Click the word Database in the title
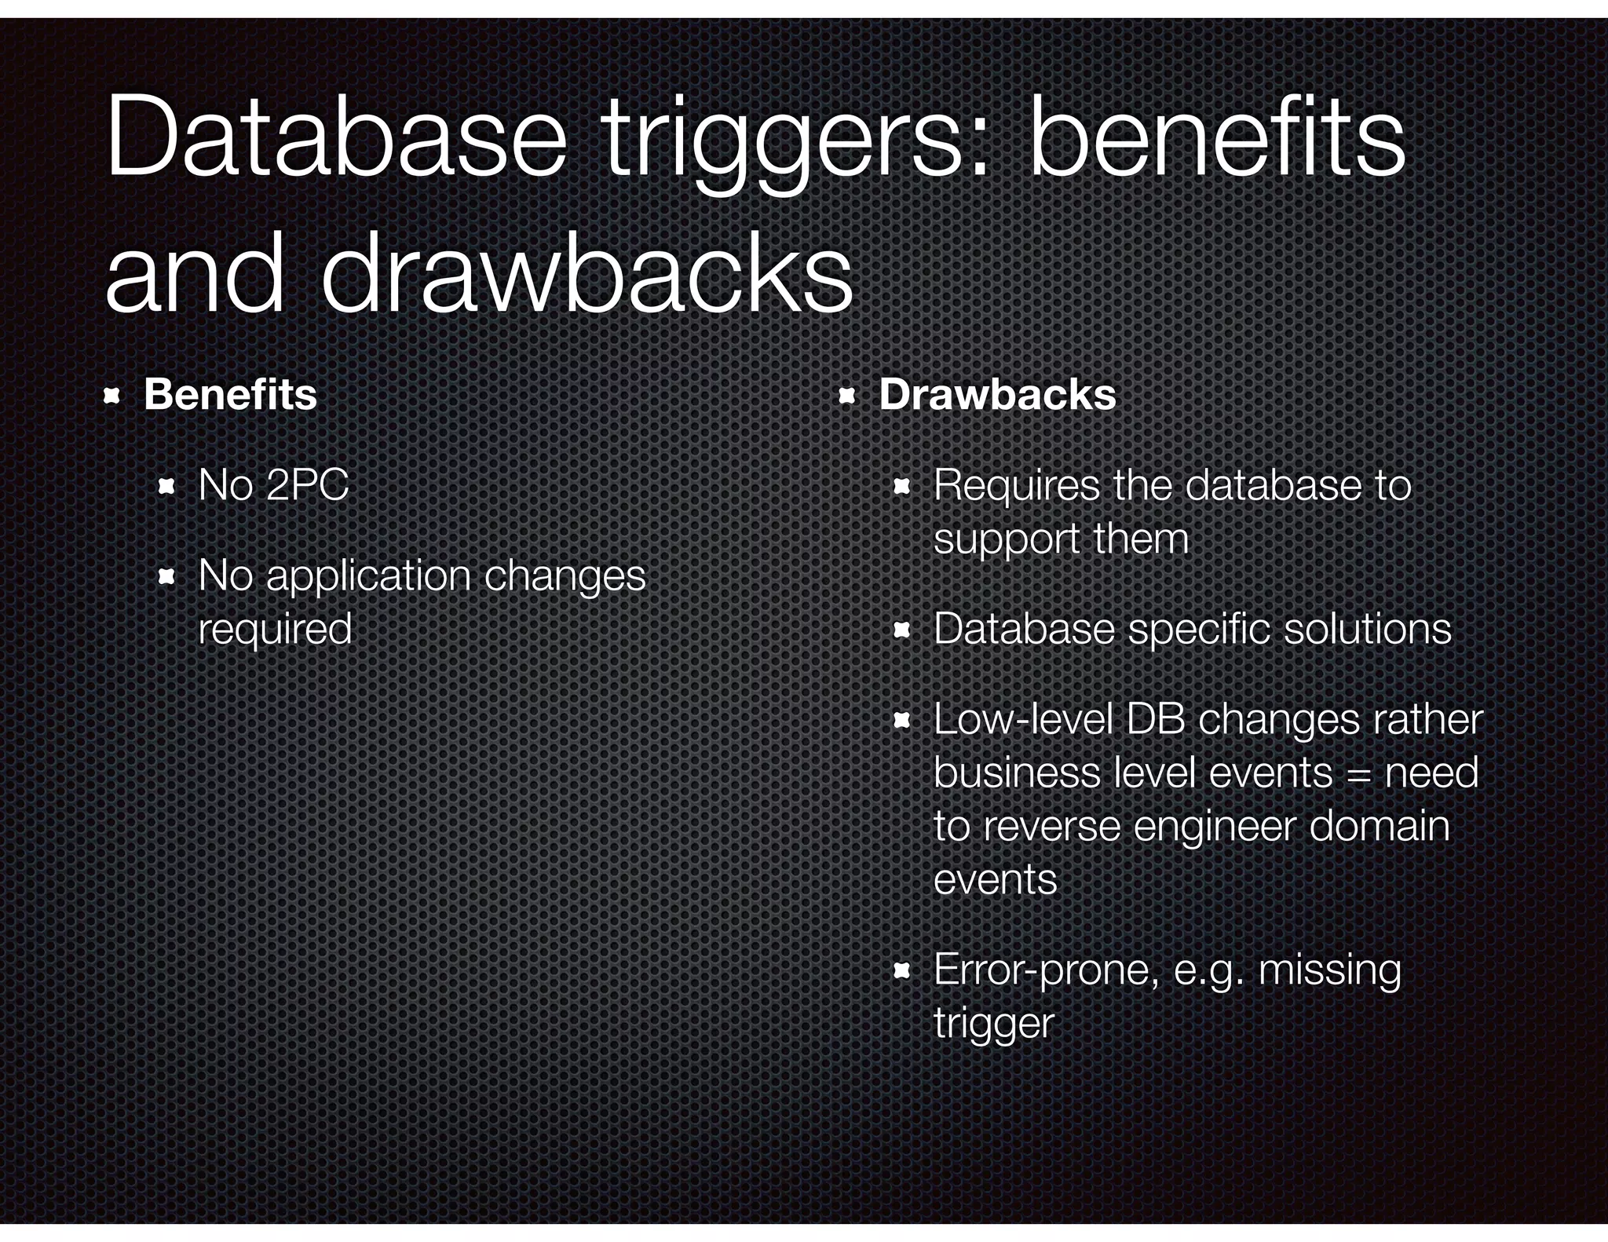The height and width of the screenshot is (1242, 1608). pyautogui.click(x=335, y=138)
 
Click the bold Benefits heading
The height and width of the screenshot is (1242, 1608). pyautogui.click(x=230, y=394)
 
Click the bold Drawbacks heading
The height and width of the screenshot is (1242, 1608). pyautogui.click(x=997, y=394)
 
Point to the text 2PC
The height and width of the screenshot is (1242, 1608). pyautogui.click(x=307, y=484)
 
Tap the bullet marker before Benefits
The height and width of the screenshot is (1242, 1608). pyautogui.click(x=111, y=396)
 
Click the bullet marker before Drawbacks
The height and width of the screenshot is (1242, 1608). pyautogui.click(x=846, y=396)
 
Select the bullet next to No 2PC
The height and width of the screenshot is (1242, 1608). pyautogui.click(x=166, y=488)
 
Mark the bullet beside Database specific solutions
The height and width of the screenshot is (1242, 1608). pyautogui.click(x=901, y=630)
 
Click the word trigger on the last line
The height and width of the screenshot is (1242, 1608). pyautogui.click(x=993, y=1024)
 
